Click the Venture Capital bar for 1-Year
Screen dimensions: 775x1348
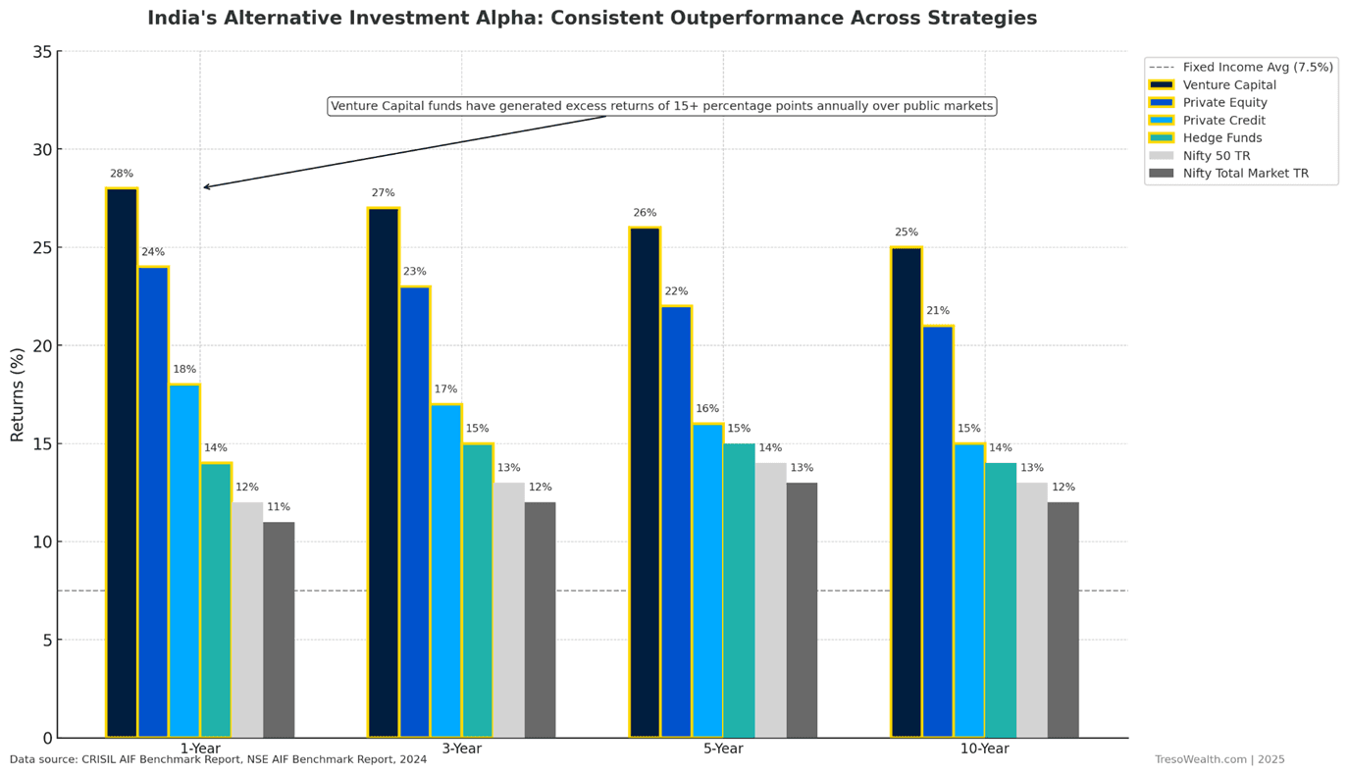pos(122,462)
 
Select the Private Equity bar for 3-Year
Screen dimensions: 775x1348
pos(415,511)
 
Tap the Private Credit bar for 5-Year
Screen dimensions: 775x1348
pos(707,580)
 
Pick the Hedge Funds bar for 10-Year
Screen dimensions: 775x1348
pos(1001,599)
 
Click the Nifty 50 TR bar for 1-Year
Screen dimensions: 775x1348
pos(247,619)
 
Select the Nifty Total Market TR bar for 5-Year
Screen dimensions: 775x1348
pos(802,609)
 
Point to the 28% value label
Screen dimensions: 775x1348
pos(122,174)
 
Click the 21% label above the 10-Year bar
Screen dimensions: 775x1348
pos(938,311)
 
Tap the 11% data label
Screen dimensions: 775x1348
pos(279,507)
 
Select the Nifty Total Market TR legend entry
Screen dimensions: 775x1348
pos(1245,174)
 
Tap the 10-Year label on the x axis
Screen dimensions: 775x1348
pos(984,749)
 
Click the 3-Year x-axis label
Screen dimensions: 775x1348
pos(461,749)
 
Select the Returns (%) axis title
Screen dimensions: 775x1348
pos(18,394)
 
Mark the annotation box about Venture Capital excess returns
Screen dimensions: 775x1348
pos(662,106)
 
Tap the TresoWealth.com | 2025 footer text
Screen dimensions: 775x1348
pos(1218,759)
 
